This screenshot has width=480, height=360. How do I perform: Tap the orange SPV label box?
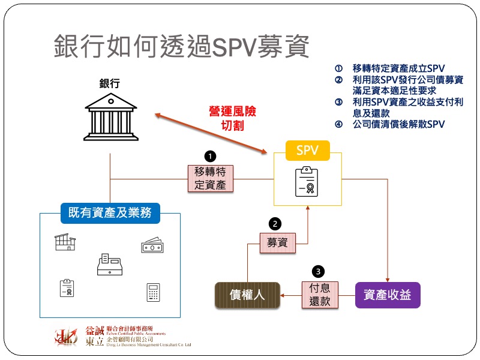307,150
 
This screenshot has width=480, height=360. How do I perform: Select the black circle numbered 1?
210,156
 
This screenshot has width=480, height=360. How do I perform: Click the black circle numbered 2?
275,224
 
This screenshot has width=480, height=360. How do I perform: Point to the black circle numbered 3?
319,271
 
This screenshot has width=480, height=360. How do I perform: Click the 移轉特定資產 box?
210,178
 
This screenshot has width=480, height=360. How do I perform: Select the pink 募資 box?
277,242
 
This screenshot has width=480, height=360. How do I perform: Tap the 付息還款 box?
320,295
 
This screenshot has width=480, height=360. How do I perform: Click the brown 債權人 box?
247,295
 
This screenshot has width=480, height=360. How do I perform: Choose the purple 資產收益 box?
388,295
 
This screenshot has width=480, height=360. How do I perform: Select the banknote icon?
151,245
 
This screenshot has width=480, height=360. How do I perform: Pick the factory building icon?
65,242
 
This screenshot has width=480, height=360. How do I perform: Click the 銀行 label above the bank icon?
110,83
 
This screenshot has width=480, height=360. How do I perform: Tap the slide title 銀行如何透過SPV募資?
181,46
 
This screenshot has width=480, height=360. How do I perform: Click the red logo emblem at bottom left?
66,337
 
